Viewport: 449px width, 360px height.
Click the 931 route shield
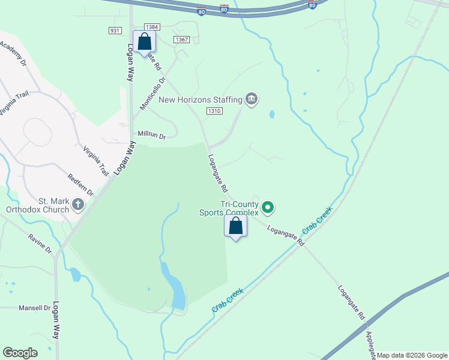(x=116, y=31)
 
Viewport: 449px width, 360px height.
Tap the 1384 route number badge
(x=152, y=28)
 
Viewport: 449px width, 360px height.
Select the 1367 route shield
(x=182, y=40)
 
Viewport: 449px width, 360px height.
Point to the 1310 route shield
(x=214, y=111)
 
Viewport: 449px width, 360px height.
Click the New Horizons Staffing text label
(x=200, y=100)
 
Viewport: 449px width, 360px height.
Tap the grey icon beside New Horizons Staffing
(x=252, y=100)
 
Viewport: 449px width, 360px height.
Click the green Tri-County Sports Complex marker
(x=268, y=208)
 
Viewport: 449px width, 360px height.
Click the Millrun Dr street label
(x=151, y=135)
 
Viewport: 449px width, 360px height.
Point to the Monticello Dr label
(x=152, y=94)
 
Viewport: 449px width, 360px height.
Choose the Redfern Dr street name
(x=81, y=184)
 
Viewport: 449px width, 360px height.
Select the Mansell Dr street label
(x=34, y=308)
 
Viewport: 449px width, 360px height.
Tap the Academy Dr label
(x=13, y=53)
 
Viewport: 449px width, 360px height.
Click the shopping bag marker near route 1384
(x=144, y=42)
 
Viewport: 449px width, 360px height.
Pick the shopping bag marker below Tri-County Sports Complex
(x=236, y=226)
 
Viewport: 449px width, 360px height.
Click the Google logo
(x=20, y=353)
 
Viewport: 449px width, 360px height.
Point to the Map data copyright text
(x=412, y=355)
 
